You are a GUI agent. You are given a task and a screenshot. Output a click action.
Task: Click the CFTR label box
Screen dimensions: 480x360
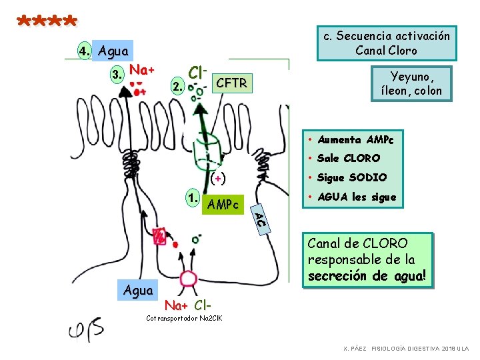[x=233, y=83]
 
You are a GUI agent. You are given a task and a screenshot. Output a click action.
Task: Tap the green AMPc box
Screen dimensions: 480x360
[x=223, y=204]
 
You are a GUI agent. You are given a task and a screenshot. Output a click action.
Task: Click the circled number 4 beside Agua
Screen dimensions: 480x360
[x=84, y=51]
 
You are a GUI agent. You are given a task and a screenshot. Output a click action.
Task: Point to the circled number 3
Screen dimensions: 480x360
[x=117, y=75]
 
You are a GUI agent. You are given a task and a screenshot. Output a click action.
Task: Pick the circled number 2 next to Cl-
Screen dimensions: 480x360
[x=177, y=86]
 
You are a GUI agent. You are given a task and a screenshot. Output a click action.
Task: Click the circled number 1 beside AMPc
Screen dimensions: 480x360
[x=193, y=198]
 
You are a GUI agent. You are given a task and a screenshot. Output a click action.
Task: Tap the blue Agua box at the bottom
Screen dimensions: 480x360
[x=138, y=290]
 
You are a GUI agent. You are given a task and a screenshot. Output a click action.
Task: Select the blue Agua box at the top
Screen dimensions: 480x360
[x=113, y=51]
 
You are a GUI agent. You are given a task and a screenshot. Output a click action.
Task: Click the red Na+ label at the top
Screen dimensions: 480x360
[x=142, y=70]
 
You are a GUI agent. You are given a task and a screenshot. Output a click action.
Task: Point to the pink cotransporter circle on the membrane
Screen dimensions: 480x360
[x=188, y=279]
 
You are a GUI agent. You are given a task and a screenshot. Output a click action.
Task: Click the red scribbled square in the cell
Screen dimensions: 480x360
[x=159, y=236]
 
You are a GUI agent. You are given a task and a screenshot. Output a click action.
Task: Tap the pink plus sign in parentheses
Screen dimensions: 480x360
[x=218, y=179]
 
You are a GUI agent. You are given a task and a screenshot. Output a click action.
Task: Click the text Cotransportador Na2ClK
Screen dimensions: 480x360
[x=184, y=318]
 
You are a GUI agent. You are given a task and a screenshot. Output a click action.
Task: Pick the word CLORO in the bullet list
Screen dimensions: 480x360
[x=362, y=158]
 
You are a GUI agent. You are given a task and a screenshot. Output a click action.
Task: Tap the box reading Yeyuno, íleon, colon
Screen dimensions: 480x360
[x=411, y=83]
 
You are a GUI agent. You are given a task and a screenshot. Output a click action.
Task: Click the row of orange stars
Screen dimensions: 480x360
[x=47, y=21]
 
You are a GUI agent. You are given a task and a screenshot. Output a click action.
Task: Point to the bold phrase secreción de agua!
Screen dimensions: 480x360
[x=367, y=276]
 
